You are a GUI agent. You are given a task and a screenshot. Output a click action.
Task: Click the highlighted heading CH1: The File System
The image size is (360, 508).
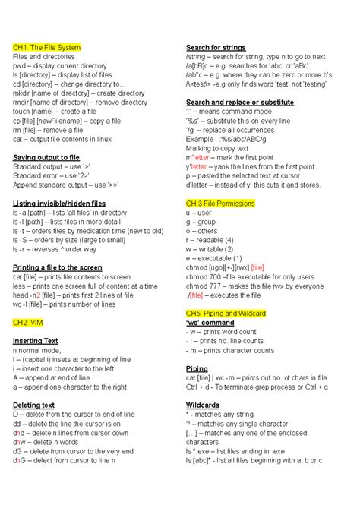point(46,47)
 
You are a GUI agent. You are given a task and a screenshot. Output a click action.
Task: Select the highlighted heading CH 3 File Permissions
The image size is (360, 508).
point(220,204)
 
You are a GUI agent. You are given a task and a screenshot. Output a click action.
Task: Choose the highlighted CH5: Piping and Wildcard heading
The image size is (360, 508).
point(226,313)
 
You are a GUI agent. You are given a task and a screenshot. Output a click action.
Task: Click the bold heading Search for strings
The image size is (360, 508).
point(216,47)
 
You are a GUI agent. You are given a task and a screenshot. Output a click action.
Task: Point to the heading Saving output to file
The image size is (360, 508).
point(46,157)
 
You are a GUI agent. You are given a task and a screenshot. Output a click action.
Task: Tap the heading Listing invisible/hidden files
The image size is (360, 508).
point(59,204)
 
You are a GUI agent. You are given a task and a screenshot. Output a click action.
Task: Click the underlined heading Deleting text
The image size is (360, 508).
point(33,405)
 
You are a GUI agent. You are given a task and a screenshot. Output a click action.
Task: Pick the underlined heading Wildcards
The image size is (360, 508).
point(203,405)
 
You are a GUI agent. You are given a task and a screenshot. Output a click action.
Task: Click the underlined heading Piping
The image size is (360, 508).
point(197,368)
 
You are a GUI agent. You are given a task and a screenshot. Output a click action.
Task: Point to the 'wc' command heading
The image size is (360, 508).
point(210,322)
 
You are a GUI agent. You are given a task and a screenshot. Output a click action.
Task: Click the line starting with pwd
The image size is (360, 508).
point(60,66)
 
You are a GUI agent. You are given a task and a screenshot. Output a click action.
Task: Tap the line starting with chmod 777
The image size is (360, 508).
point(261,286)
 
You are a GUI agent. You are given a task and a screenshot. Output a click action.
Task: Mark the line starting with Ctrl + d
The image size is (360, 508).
point(257,387)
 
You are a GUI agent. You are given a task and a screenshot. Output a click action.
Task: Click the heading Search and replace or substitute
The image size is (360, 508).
point(240,103)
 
